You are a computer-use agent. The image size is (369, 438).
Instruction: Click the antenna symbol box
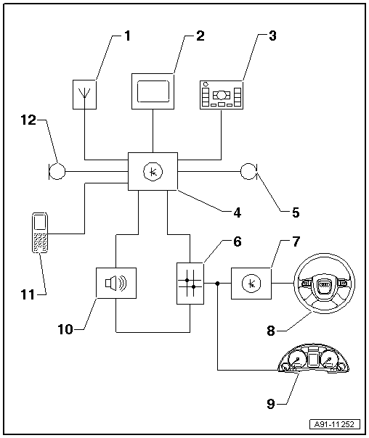click(x=84, y=94)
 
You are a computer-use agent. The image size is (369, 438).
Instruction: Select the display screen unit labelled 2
click(x=153, y=91)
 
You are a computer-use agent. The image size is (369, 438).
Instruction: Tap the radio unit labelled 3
click(x=222, y=95)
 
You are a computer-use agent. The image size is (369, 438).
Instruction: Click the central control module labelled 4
click(x=153, y=172)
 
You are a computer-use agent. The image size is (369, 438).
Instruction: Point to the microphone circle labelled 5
click(x=248, y=171)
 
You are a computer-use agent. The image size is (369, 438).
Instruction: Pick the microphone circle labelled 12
click(x=57, y=171)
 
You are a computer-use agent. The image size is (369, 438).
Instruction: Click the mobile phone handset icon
click(x=40, y=233)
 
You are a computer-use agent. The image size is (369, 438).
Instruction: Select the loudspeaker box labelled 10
click(x=116, y=284)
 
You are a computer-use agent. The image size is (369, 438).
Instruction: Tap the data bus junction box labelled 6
click(x=190, y=284)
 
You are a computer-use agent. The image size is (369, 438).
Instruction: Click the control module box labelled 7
click(x=251, y=284)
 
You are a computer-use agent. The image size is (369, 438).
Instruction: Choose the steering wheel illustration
click(x=324, y=284)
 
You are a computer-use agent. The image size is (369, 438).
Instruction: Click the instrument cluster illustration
click(x=313, y=359)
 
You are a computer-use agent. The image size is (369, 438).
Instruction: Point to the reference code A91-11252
click(x=335, y=425)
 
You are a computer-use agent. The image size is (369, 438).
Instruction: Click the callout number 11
click(x=28, y=294)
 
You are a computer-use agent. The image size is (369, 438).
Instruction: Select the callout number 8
click(x=271, y=331)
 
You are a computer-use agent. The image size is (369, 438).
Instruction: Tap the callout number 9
click(x=271, y=404)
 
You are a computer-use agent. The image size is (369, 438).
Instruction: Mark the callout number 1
click(x=127, y=36)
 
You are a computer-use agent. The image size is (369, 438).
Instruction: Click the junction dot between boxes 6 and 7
click(x=217, y=284)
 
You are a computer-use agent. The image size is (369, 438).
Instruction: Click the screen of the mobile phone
click(x=40, y=222)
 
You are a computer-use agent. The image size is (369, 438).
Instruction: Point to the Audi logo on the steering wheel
click(x=324, y=284)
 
